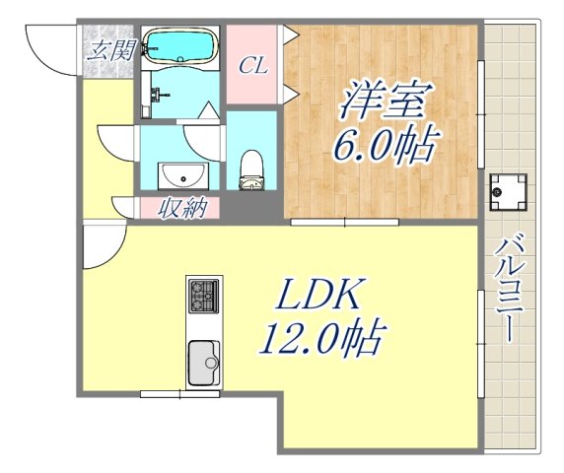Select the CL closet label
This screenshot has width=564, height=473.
tap(255, 68)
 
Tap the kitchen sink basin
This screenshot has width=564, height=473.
tap(203, 362)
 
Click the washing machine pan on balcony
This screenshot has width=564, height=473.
tap(511, 190)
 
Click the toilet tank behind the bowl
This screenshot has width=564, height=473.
tap(253, 182)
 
